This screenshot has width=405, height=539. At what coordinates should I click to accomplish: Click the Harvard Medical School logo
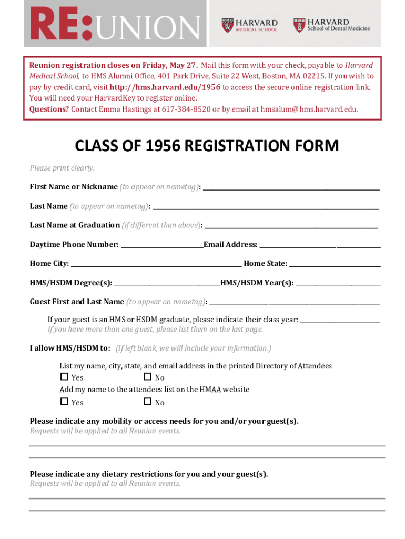coord(249,25)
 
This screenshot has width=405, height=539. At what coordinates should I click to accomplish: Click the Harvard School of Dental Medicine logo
coord(331,25)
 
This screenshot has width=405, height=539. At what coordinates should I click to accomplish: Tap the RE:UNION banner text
coord(115,24)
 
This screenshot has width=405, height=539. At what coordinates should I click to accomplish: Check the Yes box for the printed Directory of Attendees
coord(64,377)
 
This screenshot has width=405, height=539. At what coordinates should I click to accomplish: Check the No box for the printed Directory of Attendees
coord(147,377)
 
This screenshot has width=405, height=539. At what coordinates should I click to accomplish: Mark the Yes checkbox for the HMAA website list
coord(64,402)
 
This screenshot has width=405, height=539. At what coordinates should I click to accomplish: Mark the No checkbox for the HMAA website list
coord(147,402)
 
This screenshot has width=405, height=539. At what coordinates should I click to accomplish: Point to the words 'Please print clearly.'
coord(62,168)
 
